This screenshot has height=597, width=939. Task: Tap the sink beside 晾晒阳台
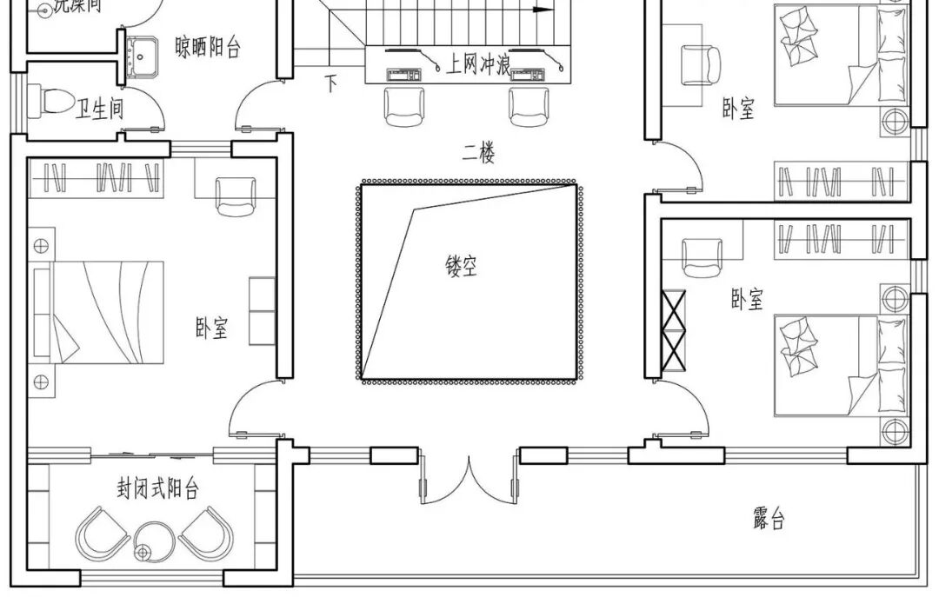point(138,56)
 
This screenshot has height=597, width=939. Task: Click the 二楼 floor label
point(479,156)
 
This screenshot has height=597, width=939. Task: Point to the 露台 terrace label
point(769,520)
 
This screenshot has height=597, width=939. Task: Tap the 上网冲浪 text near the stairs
point(477,64)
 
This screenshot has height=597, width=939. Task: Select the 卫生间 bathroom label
point(100,109)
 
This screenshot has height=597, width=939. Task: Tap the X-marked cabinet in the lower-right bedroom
point(675,330)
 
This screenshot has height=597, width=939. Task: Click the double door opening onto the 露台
point(469,476)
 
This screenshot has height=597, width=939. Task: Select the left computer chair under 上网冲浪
point(402,106)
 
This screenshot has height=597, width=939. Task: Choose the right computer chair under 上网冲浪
point(527,106)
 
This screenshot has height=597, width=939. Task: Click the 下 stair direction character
point(331,83)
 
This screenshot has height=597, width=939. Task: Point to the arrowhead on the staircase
point(545,10)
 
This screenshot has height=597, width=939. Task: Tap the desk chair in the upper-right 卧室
point(701,63)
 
